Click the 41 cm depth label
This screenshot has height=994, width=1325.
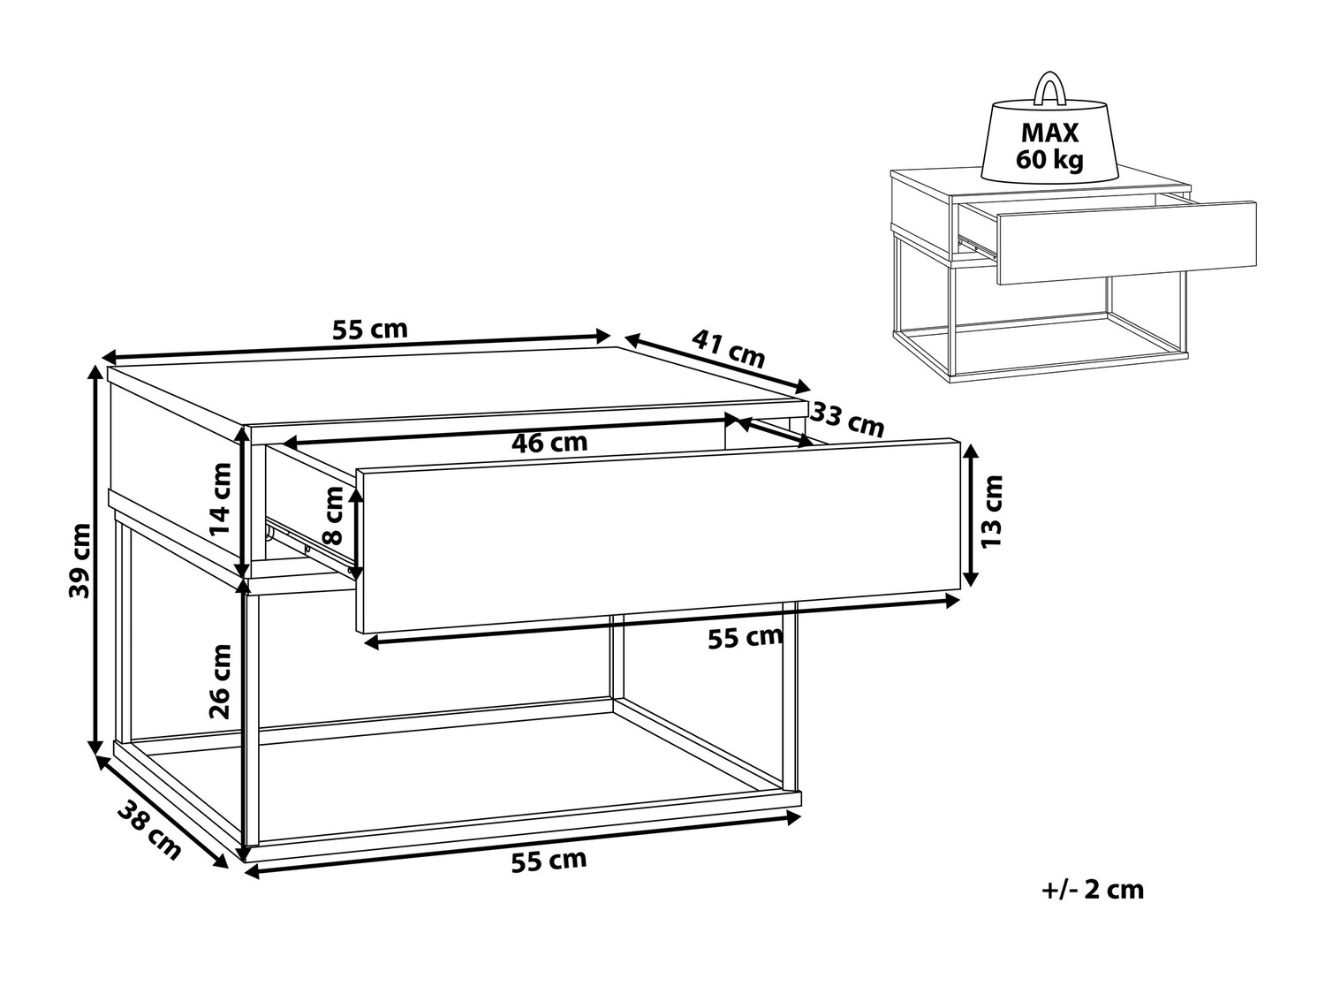point(728,349)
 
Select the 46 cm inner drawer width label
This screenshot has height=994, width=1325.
point(549,443)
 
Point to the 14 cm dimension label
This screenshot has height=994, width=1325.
point(220,499)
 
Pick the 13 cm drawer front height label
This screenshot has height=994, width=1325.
point(992,512)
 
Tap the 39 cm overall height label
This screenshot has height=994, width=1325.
point(79,561)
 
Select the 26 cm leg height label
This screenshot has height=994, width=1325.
point(220,681)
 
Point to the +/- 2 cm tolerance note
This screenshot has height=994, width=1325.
point(1093,891)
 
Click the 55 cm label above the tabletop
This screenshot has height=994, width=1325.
point(370,330)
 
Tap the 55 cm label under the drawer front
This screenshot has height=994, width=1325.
point(746,638)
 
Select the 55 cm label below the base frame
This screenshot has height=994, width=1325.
point(549,861)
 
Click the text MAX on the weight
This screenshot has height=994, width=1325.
point(1049,133)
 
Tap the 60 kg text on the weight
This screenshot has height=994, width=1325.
point(1049,160)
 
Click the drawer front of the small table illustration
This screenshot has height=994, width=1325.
point(1127,243)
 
